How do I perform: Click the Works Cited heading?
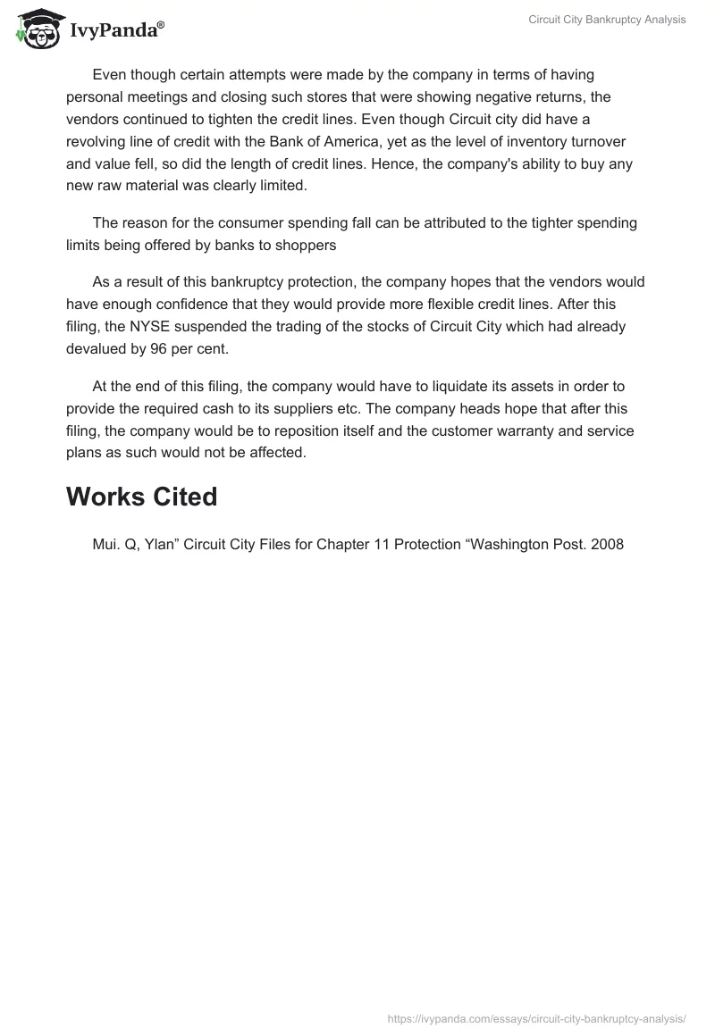coord(141,497)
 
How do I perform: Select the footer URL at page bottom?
coord(536,1018)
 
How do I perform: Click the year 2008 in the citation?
coord(607,544)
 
